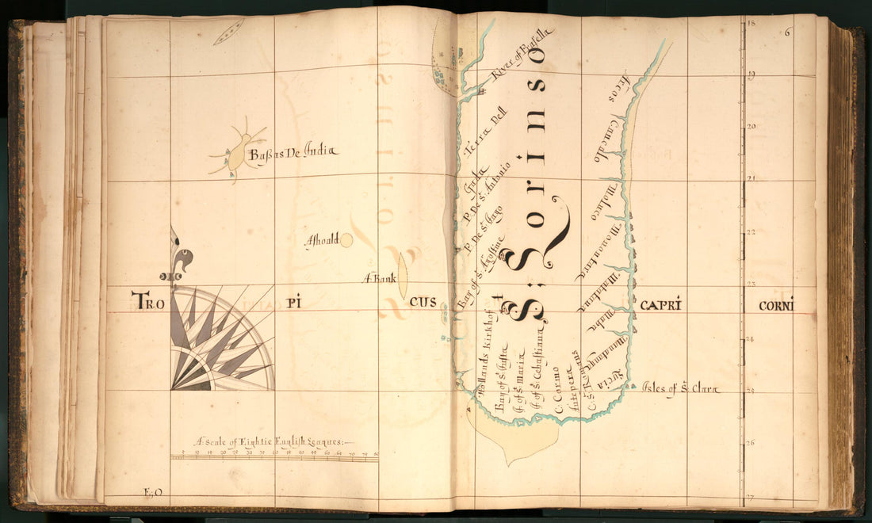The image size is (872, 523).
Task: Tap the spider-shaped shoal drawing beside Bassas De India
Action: point(236,153)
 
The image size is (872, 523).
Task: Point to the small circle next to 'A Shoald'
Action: point(346,240)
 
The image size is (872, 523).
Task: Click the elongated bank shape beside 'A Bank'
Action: point(402,275)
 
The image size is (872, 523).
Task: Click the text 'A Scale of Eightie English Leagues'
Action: point(273,441)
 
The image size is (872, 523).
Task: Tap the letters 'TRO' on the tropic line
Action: point(151,300)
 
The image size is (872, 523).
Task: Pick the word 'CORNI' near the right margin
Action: point(775,305)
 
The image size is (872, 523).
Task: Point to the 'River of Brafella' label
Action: point(522,54)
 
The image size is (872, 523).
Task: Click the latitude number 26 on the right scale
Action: point(752,444)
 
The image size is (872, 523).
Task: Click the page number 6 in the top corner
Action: point(788,32)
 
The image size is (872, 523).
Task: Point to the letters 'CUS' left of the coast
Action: point(423,303)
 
